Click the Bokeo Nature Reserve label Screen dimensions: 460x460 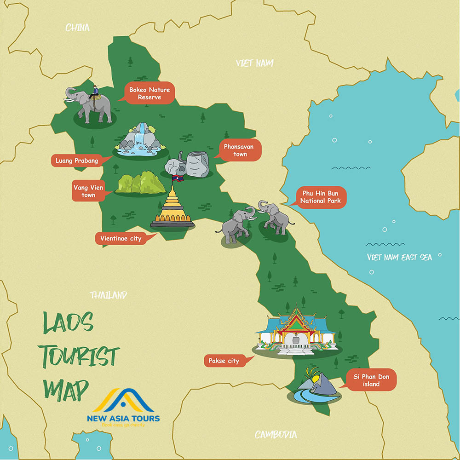149,93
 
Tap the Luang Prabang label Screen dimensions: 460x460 76,161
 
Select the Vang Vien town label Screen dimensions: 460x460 88,191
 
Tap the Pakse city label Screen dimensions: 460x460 224,361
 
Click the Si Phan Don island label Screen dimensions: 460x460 371,380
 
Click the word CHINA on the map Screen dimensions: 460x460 78,28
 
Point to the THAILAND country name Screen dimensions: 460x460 109,295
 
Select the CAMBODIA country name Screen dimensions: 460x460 276,434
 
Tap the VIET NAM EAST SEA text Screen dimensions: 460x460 399,257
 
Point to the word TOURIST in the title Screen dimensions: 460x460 81,356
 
